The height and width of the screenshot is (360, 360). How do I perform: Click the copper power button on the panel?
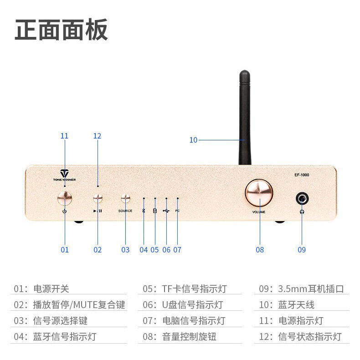[65, 198]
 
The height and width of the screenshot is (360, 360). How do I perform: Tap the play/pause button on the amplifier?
[98, 198]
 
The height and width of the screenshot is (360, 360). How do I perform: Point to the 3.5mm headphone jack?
[302, 198]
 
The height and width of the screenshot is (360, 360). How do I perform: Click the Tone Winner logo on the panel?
[64, 175]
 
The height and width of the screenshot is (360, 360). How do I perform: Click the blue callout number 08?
[260, 250]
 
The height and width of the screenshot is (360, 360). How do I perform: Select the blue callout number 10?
[193, 140]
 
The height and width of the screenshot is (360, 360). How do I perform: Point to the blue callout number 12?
[97, 136]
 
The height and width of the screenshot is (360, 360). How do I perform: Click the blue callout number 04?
[144, 250]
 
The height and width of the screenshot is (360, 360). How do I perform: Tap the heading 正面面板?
[61, 31]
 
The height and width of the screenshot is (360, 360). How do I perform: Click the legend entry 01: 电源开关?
[41, 289]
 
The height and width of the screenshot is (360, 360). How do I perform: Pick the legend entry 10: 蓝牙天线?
[286, 305]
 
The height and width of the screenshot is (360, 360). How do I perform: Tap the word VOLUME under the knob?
[259, 212]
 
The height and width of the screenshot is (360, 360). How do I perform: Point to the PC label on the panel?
[177, 211]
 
